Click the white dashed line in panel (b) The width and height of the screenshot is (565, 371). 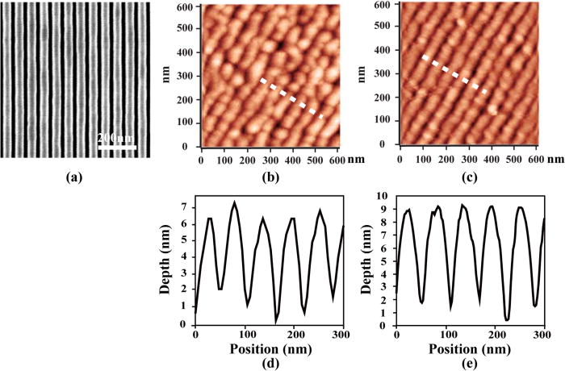tap(291, 98)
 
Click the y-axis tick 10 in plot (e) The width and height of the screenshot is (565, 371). tap(383, 196)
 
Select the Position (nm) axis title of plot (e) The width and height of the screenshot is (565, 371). tap(469, 347)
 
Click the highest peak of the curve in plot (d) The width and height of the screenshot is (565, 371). tap(235, 202)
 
